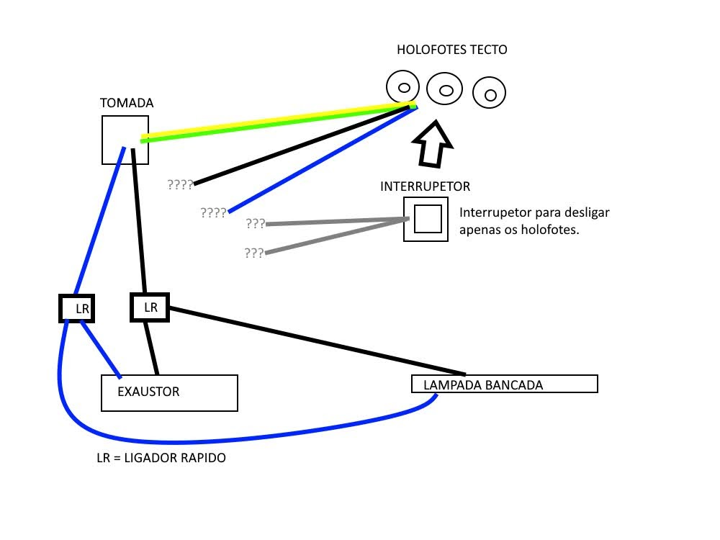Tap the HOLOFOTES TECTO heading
(452, 50)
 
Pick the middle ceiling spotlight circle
(445, 90)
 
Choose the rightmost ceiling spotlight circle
(490, 93)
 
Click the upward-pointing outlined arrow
(433, 144)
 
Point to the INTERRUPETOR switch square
(426, 219)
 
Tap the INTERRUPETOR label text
(425, 186)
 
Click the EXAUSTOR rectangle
(169, 392)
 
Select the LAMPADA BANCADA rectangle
(504, 384)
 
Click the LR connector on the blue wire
(77, 308)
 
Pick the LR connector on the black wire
(149, 307)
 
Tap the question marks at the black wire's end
(180, 184)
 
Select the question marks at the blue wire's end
(214, 212)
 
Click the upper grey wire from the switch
(335, 222)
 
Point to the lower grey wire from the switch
(335, 236)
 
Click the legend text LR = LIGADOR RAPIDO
(161, 458)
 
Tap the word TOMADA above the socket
(127, 103)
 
